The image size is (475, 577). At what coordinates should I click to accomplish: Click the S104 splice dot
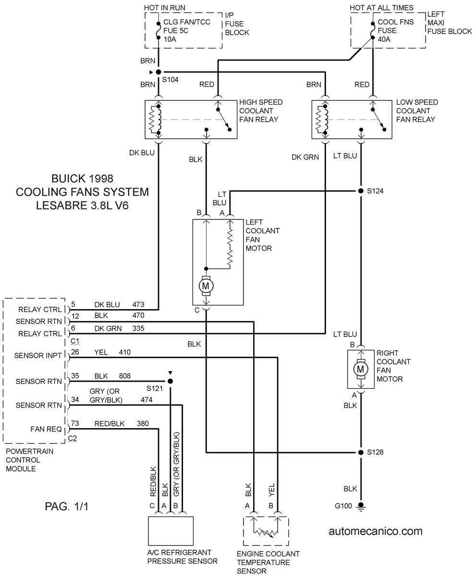pos(158,72)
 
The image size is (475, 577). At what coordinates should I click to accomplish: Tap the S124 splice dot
pos(361,191)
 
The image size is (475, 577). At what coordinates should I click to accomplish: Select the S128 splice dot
pos(361,452)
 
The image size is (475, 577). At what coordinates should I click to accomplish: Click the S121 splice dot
pos(171,381)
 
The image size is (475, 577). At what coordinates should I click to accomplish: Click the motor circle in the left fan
pos(206,286)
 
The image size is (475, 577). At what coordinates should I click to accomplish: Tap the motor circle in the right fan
pos(361,369)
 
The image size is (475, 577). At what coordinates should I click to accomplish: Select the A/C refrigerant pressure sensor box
pos(171,531)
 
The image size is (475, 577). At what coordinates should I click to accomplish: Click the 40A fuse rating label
pos(384,39)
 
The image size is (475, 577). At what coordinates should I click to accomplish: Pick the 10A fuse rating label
pos(170,39)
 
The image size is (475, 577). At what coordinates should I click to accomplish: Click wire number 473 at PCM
pos(138,304)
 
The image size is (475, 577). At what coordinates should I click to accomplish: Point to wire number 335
pos(138,328)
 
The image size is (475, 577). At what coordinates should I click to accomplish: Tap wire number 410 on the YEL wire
pos(125,352)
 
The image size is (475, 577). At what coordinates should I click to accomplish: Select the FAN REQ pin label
pos(46,429)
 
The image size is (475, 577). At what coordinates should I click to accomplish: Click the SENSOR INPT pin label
pos(38,356)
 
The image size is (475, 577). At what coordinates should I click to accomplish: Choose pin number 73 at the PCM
pos(75,423)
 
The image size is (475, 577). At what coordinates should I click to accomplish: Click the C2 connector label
pos(72,438)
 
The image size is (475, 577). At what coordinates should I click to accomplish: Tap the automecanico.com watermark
pos(376,531)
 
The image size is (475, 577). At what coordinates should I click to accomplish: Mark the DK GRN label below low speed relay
pos(305,157)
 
